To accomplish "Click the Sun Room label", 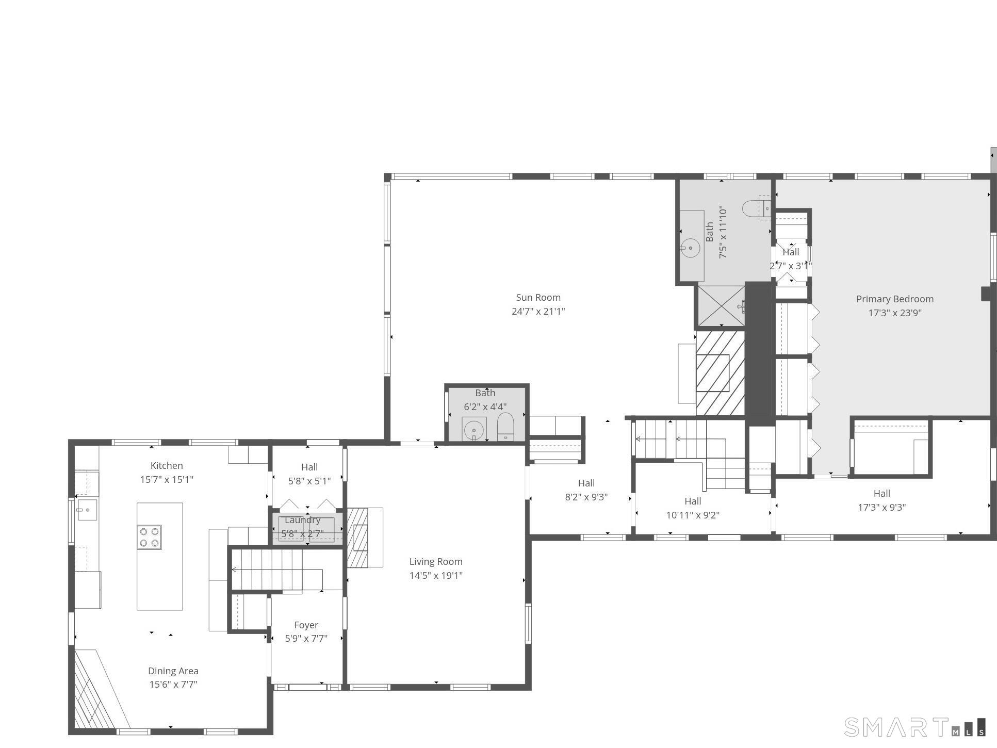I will (538, 298).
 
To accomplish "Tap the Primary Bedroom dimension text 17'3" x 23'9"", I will (895, 313).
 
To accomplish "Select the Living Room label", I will (436, 562).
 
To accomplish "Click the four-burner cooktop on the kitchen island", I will (150, 537).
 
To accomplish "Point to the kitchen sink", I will (87, 510).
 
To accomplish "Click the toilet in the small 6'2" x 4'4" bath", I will (505, 426).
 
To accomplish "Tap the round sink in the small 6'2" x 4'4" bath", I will (473, 430).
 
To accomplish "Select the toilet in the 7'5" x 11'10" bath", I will (756, 208).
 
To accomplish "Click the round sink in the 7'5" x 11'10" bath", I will (690, 248).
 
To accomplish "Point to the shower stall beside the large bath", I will (721, 306).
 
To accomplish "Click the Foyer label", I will (306, 625).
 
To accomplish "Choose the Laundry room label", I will (303, 520).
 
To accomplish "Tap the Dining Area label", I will (173, 671).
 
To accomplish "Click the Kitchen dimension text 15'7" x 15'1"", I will (167, 480).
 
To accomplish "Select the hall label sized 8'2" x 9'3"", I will (586, 483).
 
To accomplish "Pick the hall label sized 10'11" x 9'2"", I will (693, 501).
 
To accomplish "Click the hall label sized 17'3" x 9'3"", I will (881, 494).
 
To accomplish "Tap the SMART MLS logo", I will (915, 727).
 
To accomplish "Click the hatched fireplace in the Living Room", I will (358, 538).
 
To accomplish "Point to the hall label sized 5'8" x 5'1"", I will (309, 467).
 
